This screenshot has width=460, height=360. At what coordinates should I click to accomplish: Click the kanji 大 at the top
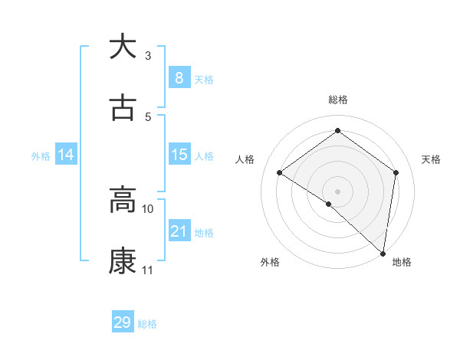[x=123, y=47]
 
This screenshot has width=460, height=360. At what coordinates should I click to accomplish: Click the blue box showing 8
[x=179, y=77]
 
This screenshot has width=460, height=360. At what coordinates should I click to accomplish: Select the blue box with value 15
[x=179, y=155]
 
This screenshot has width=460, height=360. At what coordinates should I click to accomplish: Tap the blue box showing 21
[x=179, y=231]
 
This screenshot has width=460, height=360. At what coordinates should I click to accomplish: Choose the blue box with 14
[x=66, y=155]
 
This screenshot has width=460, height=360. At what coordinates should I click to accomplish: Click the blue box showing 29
[x=123, y=322]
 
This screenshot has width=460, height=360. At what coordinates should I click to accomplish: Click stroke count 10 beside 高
[x=148, y=208]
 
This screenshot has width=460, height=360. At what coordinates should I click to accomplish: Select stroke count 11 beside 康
[x=148, y=270]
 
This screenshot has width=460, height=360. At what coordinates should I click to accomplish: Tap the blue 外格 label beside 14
[x=41, y=155]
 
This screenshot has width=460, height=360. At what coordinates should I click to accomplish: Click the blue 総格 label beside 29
[x=147, y=324]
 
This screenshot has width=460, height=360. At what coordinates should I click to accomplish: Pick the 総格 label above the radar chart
[x=337, y=100]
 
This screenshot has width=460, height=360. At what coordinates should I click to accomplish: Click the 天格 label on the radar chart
[x=431, y=159]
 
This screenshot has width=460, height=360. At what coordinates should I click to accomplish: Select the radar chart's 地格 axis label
[x=402, y=262]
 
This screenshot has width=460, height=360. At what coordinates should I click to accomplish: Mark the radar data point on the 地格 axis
[x=383, y=253]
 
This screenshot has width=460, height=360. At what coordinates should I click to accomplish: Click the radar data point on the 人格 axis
[x=280, y=172]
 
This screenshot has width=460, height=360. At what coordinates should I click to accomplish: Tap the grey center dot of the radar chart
[x=337, y=191]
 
